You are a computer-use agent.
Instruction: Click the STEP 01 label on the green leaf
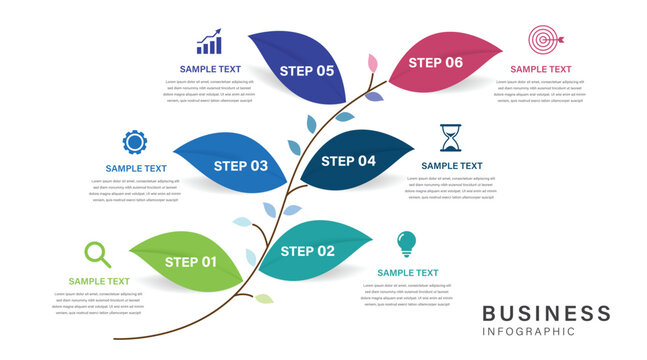point(191,262)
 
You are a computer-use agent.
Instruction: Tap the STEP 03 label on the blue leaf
point(242,165)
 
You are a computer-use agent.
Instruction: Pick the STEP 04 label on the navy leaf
point(348,160)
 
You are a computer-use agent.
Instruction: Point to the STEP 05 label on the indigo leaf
point(307,70)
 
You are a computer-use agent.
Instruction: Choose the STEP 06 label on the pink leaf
point(436,62)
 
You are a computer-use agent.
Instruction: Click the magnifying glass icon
point(96,253)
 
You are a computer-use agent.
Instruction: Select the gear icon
point(134,142)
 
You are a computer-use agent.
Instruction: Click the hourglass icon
point(451,138)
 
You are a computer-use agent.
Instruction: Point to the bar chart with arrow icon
point(209,42)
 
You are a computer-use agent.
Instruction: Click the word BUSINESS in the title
point(546,313)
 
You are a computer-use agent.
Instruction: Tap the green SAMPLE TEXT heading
point(99,281)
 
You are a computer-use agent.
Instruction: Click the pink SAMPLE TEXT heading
point(541,69)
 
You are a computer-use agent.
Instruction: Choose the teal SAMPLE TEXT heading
point(407,272)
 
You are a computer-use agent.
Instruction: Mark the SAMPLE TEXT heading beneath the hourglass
point(451,166)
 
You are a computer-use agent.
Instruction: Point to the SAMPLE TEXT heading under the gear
point(136,168)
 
